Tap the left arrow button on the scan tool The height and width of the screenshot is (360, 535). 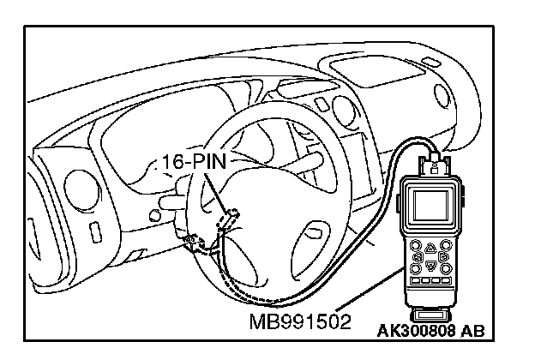pyautogui.click(x=415, y=255)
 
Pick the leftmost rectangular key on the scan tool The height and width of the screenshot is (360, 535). pyautogui.click(x=414, y=280)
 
